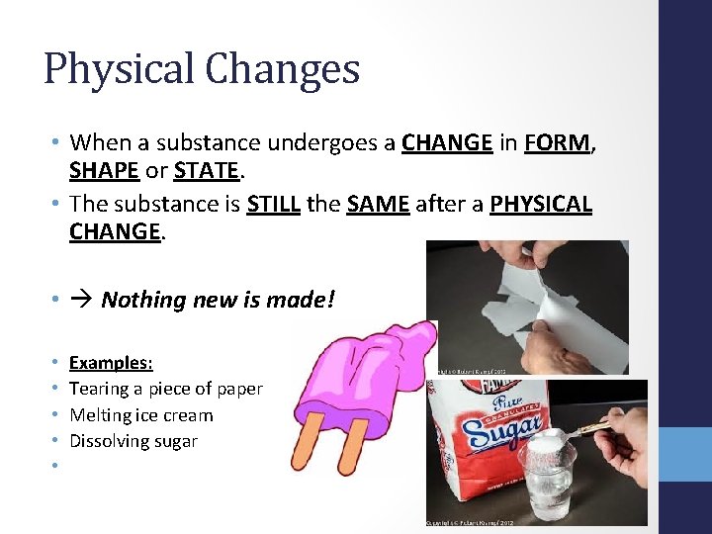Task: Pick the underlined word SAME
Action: pos(379,205)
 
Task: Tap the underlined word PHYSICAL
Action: pos(541,205)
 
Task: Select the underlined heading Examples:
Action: pos(111,363)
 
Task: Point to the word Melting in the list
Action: pos(99,415)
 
